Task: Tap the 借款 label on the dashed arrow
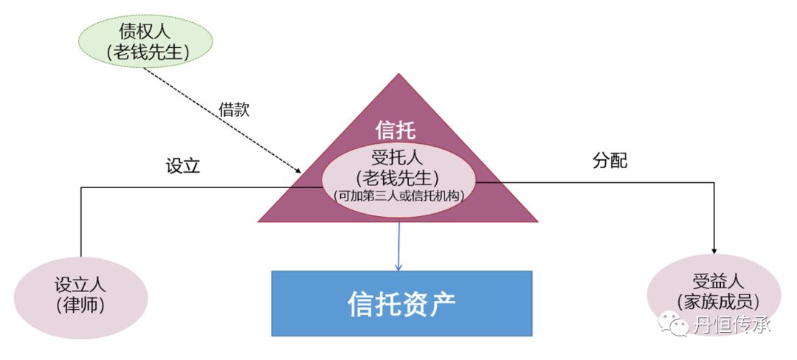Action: tap(235, 110)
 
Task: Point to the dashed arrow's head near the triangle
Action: tap(298, 171)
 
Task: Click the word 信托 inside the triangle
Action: tap(396, 131)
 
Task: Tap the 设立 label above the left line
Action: tap(183, 165)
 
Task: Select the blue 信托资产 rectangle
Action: tap(402, 303)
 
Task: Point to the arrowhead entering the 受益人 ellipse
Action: tap(715, 252)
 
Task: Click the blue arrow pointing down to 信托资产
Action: tap(398, 247)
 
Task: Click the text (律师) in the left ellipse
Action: tap(81, 306)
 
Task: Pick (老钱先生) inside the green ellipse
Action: tap(144, 51)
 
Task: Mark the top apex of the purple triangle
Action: tap(398, 74)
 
